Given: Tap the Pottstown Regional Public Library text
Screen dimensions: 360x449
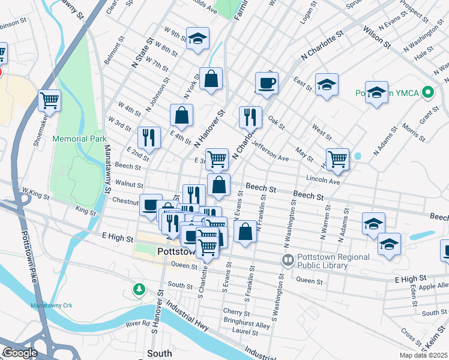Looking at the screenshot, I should tap(322, 261).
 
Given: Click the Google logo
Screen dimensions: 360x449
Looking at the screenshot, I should tap(20, 353).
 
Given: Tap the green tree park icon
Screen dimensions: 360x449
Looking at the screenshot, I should tap(139, 290).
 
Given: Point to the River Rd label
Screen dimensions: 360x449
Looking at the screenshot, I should tap(137, 324).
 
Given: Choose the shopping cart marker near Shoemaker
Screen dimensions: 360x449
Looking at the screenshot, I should tap(49, 100).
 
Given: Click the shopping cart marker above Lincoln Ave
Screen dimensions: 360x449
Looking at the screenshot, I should tap(338, 158).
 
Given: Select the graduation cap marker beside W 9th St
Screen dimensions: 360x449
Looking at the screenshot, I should tap(197, 39).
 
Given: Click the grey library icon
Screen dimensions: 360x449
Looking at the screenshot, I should tap(288, 260).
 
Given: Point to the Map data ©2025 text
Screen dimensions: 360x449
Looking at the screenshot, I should tap(423, 355).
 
